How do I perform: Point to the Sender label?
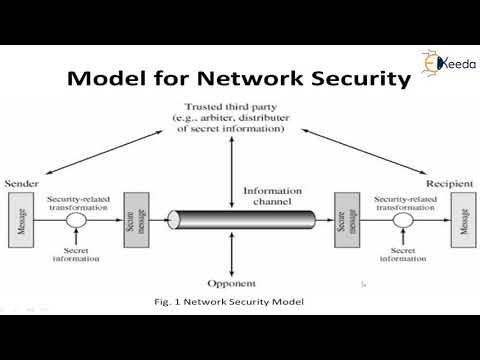tap(21, 184)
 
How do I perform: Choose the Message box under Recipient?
tap(461, 219)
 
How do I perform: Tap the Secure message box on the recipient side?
tap(346, 219)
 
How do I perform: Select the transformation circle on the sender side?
tap(74, 219)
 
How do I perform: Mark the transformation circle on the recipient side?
tap(404, 219)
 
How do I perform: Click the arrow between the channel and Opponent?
tap(231, 255)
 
